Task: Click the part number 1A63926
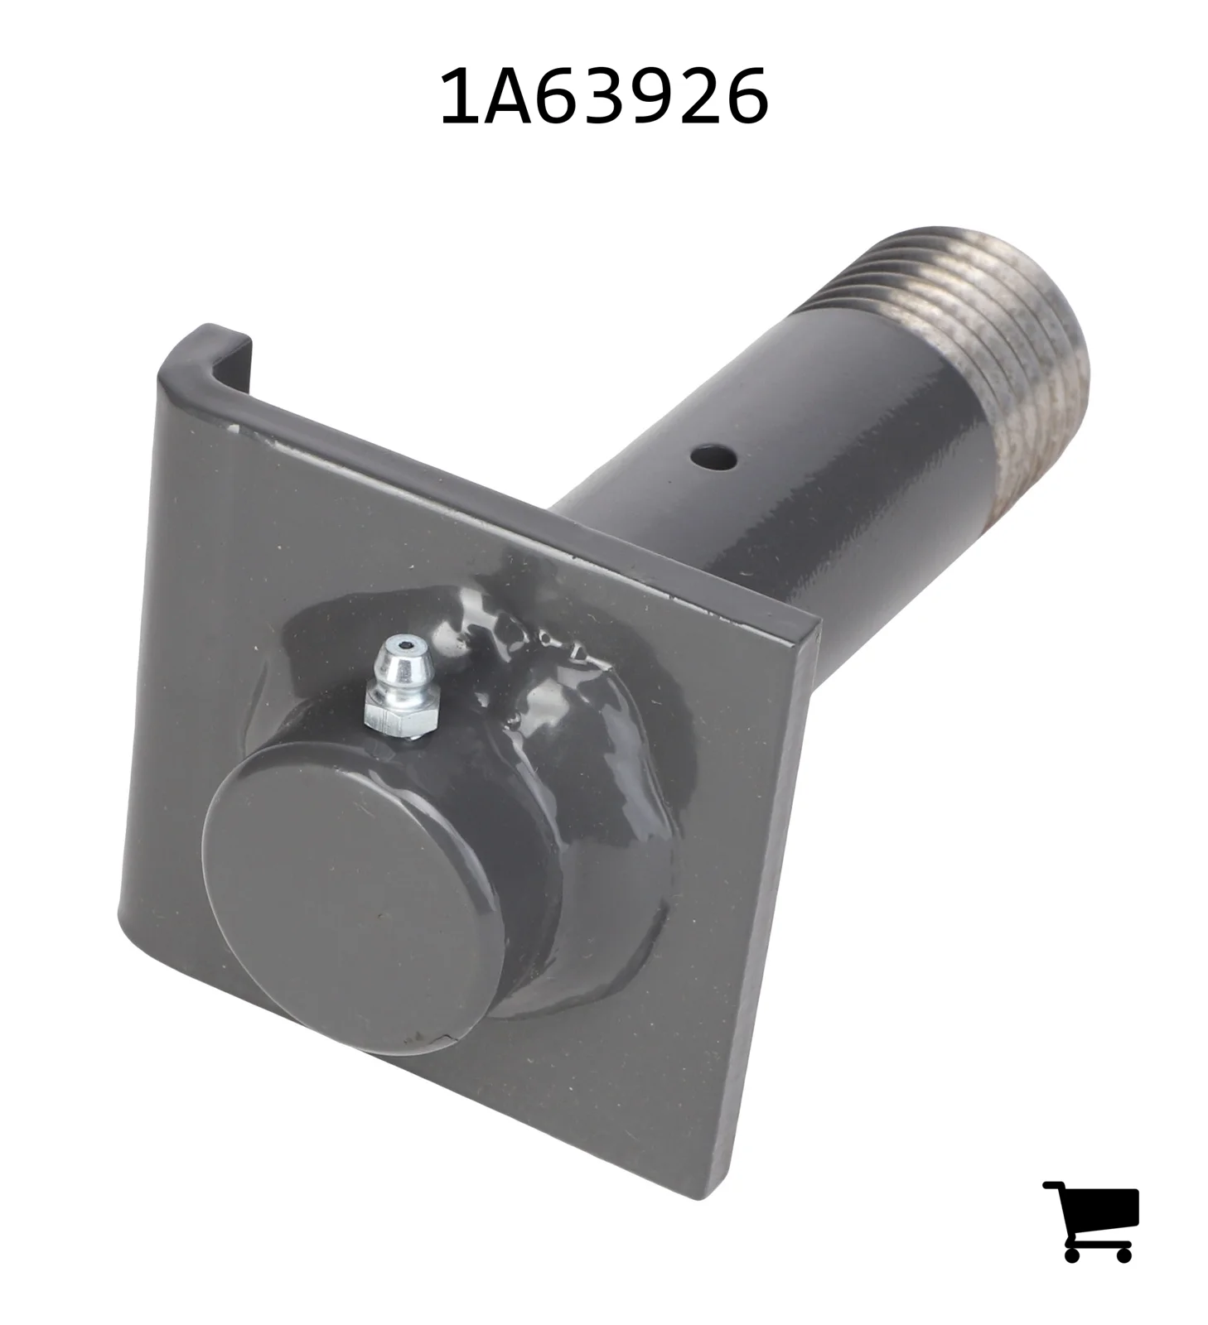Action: coord(603,96)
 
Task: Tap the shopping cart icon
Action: coord(1090,1221)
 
